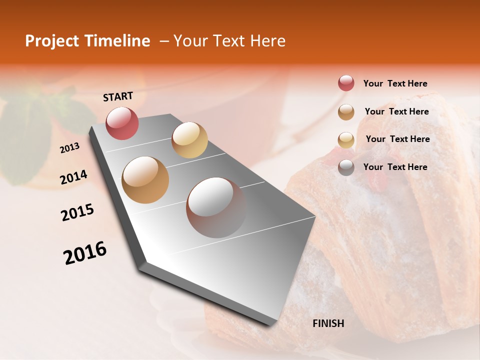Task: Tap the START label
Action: tap(118, 96)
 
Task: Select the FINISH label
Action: tap(328, 323)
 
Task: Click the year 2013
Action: tap(69, 147)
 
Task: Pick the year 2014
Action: tap(73, 177)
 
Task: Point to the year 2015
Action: tap(77, 212)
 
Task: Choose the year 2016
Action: tap(85, 253)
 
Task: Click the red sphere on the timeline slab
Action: tap(122, 123)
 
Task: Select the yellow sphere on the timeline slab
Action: tap(189, 140)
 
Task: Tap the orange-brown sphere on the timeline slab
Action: tap(145, 180)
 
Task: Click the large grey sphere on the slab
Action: tap(216, 207)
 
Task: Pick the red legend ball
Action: tap(346, 83)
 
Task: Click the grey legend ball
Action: tap(346, 167)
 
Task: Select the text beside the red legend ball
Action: tap(395, 83)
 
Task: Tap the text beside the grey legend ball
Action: tap(395, 167)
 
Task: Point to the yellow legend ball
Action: tap(346, 140)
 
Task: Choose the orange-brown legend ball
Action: tap(346, 112)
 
